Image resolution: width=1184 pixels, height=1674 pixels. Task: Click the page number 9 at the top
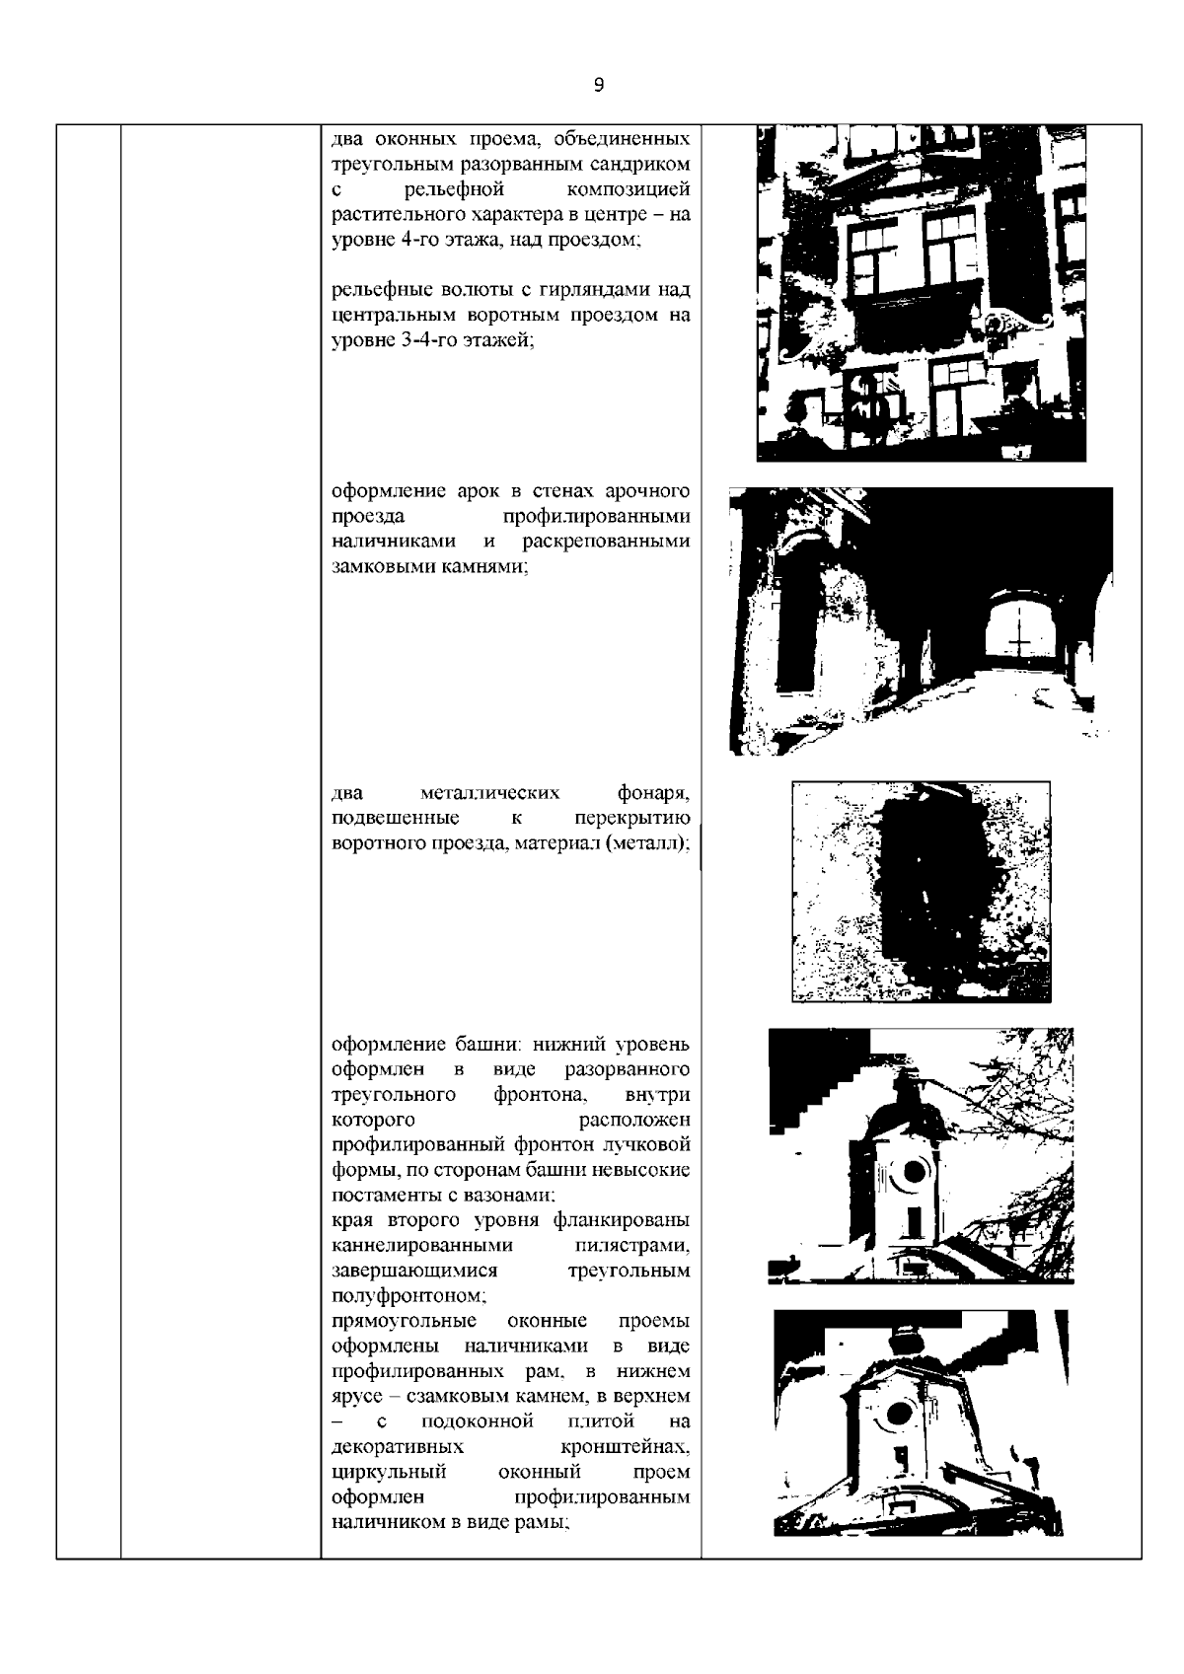(x=600, y=85)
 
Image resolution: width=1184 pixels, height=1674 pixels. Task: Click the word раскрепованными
(x=606, y=542)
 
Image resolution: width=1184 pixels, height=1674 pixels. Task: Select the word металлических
(x=490, y=793)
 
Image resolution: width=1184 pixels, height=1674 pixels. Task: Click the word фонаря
(x=653, y=793)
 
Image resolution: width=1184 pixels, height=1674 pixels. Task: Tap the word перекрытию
(x=631, y=819)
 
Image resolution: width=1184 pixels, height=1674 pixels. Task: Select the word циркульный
(x=389, y=1472)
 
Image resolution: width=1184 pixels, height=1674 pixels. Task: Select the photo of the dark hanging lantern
(x=921, y=891)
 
